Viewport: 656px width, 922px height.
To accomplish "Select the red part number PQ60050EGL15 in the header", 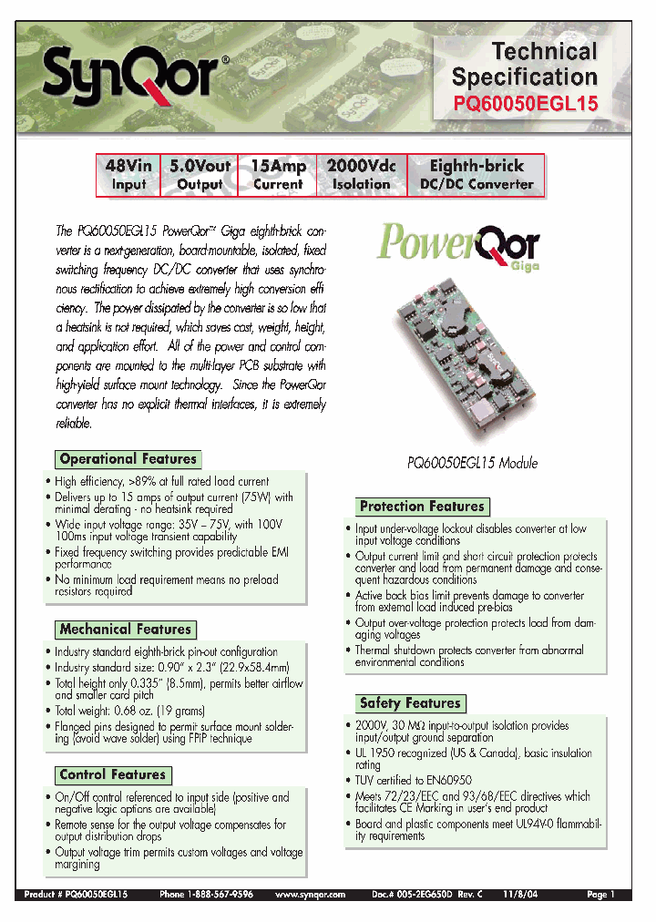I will pyautogui.click(x=525, y=104).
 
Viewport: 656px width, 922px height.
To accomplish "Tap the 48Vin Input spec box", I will pyautogui.click(x=128, y=174).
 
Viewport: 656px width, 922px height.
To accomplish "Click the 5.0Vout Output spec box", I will pyautogui.click(x=200, y=174).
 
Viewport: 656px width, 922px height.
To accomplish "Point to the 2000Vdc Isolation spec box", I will pyautogui.click(x=361, y=174).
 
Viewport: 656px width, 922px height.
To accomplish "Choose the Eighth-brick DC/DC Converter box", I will pyautogui.click(x=476, y=174).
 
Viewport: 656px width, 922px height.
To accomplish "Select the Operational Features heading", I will pyautogui.click(x=128, y=459).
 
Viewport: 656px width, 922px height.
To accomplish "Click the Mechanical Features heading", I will pyautogui.click(x=126, y=629).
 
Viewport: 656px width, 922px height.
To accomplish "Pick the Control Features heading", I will pyautogui.click(x=113, y=774).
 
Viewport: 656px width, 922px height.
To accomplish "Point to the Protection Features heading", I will pyautogui.click(x=422, y=507).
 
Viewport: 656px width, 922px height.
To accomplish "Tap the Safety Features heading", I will pyautogui.click(x=410, y=702).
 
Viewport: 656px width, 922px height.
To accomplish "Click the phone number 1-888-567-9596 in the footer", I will pyautogui.click(x=213, y=895).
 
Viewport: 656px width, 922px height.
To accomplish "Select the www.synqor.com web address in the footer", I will pyautogui.click(x=310, y=895).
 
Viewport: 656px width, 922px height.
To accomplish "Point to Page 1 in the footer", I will pyautogui.click(x=601, y=895).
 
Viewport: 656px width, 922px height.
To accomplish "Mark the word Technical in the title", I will pyautogui.click(x=544, y=51).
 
